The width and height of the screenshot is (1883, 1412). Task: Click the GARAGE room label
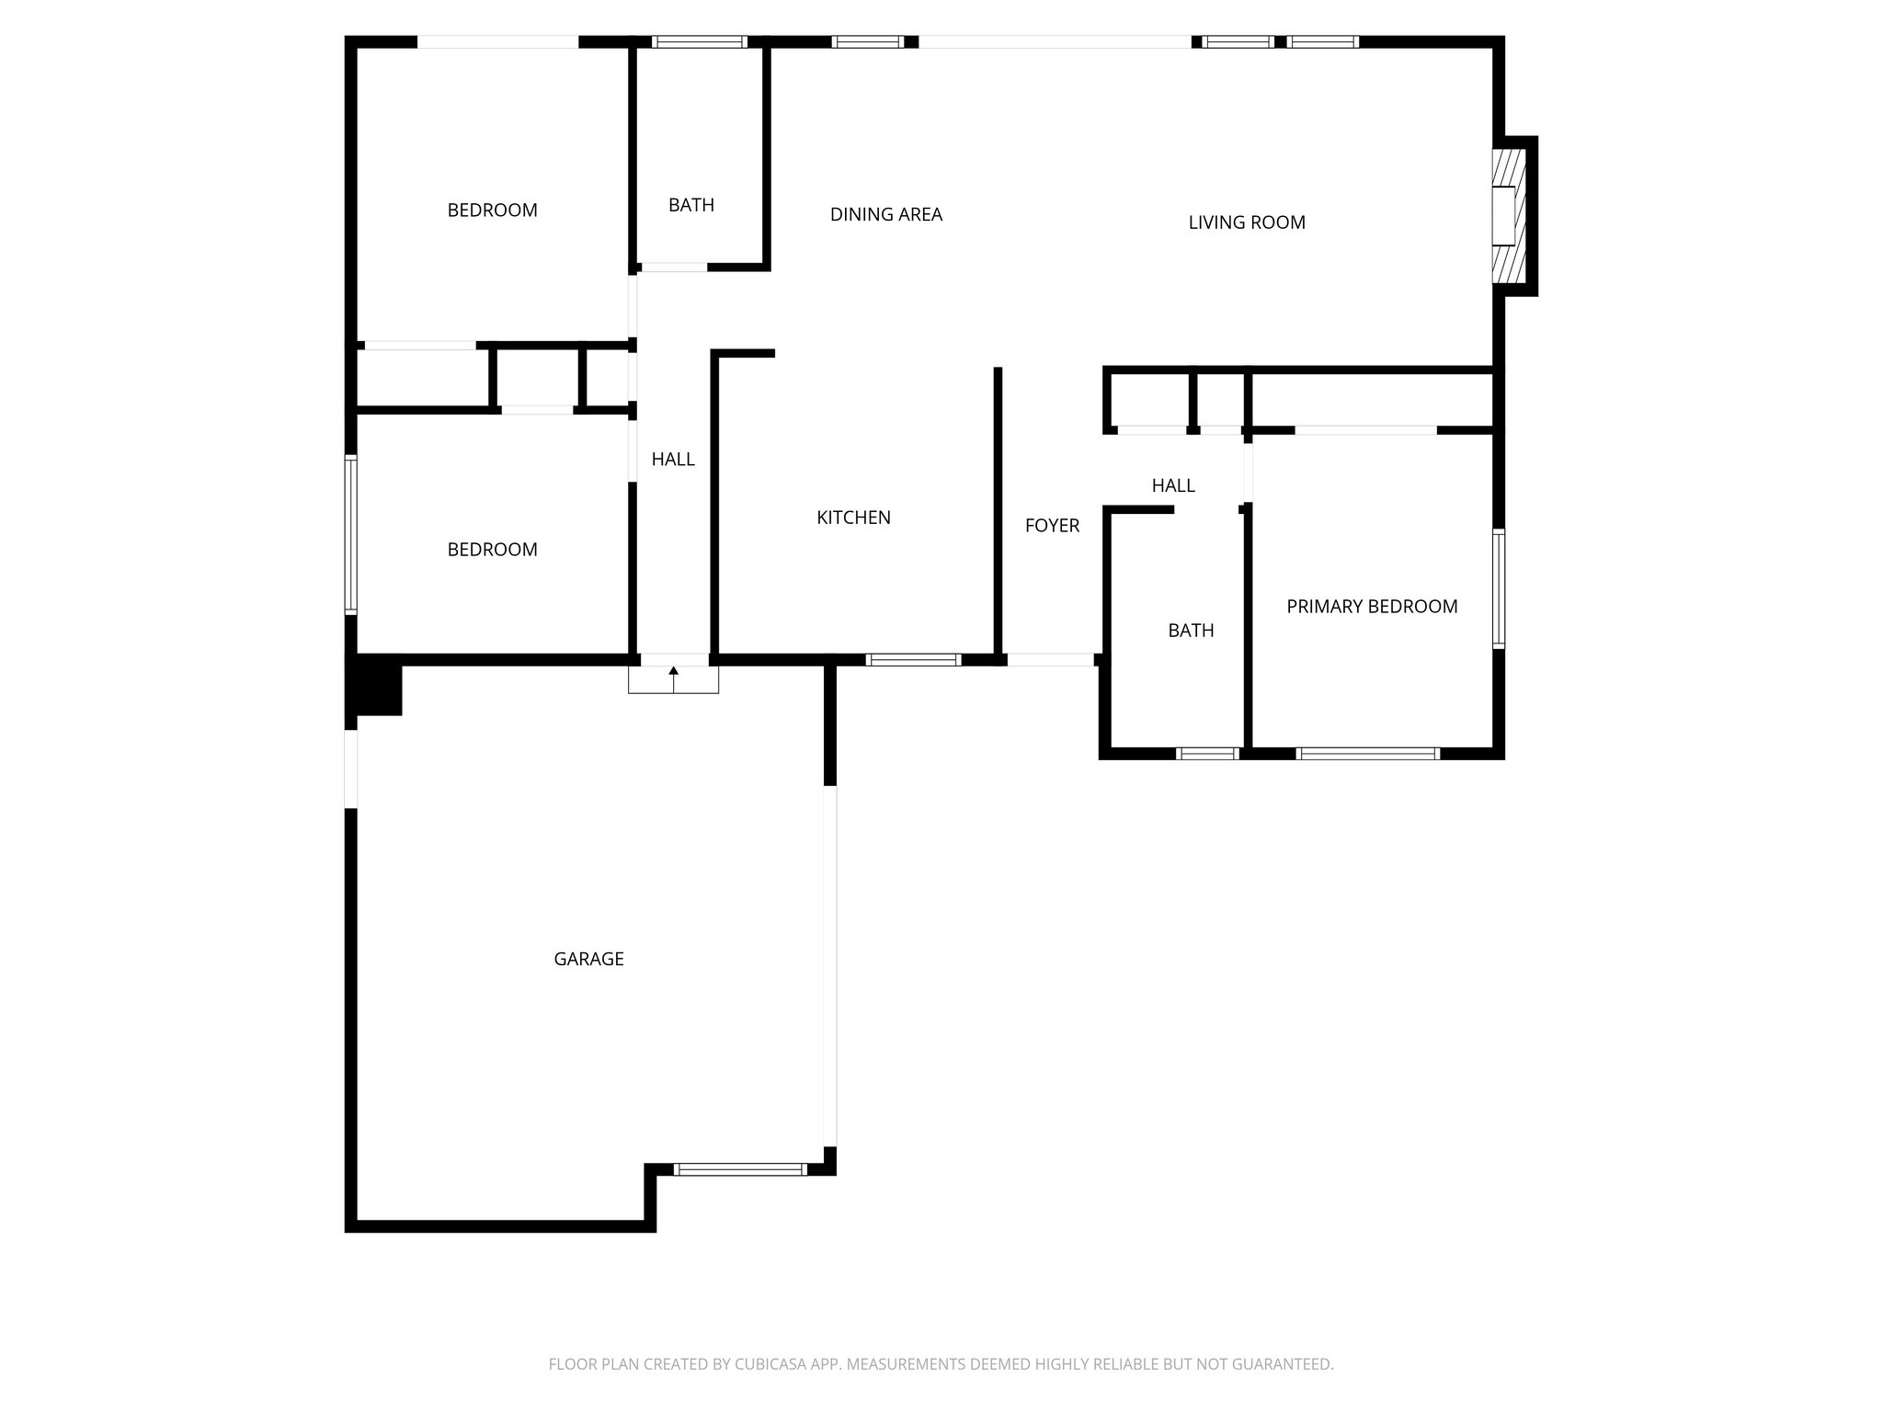click(588, 959)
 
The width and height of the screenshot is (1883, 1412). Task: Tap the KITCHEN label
click(853, 518)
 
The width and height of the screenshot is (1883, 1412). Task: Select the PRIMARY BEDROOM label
click(1371, 607)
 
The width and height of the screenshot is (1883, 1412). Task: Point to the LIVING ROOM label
click(1246, 222)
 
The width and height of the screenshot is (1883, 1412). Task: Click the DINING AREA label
click(885, 215)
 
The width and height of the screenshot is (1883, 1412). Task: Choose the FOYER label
click(1052, 526)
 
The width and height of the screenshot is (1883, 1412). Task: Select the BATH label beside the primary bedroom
click(1191, 631)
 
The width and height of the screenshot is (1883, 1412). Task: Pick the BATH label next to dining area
click(690, 205)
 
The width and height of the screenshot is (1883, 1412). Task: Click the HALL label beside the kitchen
click(673, 460)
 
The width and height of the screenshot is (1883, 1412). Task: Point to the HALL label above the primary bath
click(1173, 485)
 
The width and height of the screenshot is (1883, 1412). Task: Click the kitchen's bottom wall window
click(913, 659)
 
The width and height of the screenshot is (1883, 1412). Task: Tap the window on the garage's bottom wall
click(740, 1169)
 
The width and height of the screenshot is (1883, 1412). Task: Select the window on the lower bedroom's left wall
click(350, 534)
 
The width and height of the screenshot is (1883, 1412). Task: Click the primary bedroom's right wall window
click(1498, 588)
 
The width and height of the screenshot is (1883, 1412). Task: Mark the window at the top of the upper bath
click(699, 41)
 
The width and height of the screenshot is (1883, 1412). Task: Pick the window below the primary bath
click(1207, 754)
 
